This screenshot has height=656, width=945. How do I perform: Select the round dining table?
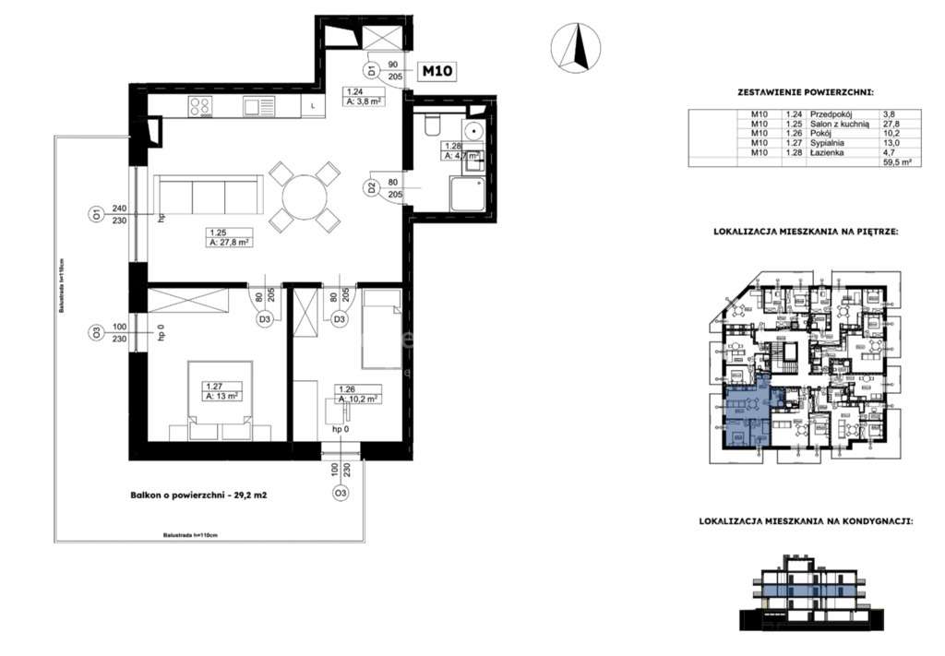302,196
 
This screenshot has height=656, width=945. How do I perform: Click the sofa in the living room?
208,196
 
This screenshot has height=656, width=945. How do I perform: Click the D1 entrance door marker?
370,70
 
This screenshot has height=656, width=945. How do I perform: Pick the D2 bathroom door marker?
371,188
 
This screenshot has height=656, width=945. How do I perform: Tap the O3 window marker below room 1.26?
341,493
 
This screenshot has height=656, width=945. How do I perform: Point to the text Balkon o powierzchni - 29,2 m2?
198,495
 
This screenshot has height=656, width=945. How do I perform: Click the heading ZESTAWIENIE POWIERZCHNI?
805,93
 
